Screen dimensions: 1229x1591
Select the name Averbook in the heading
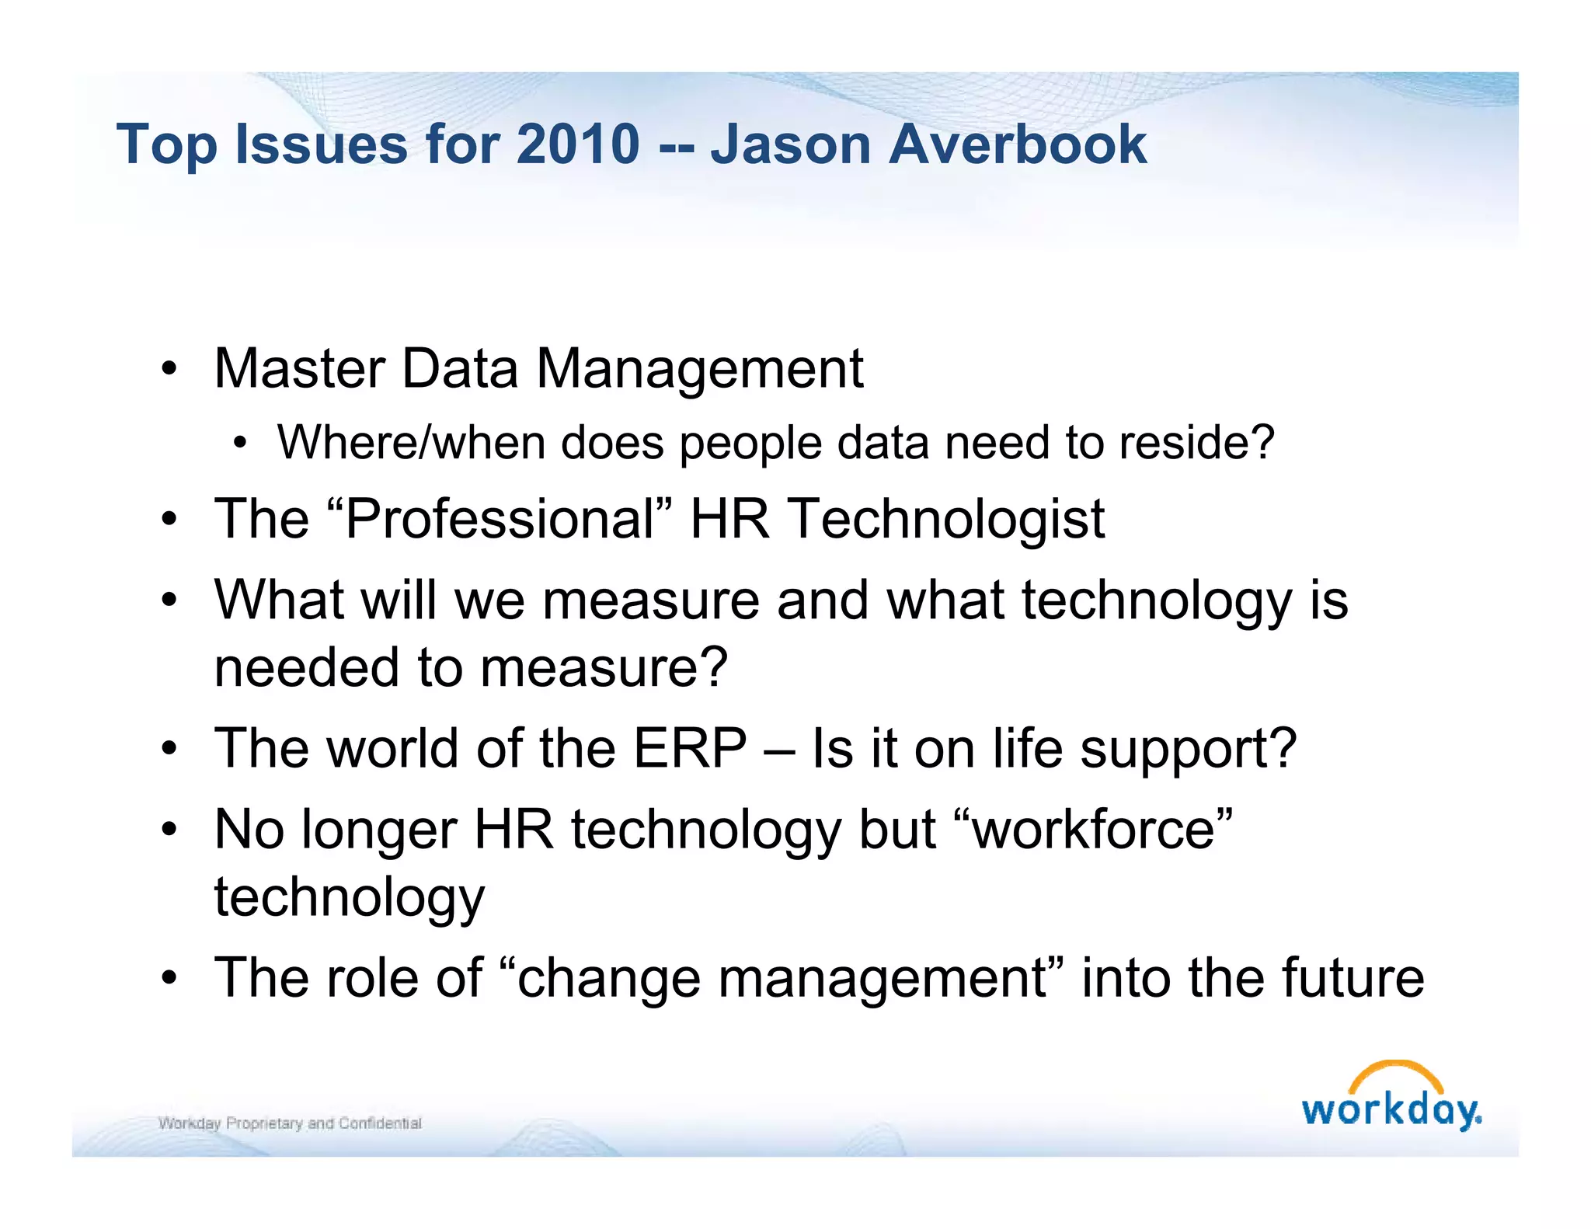click(1017, 144)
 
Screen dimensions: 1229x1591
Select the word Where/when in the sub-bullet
click(411, 443)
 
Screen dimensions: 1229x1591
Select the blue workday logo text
click(1391, 1110)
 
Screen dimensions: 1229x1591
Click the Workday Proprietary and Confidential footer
click(290, 1123)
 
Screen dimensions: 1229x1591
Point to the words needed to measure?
click(471, 667)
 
